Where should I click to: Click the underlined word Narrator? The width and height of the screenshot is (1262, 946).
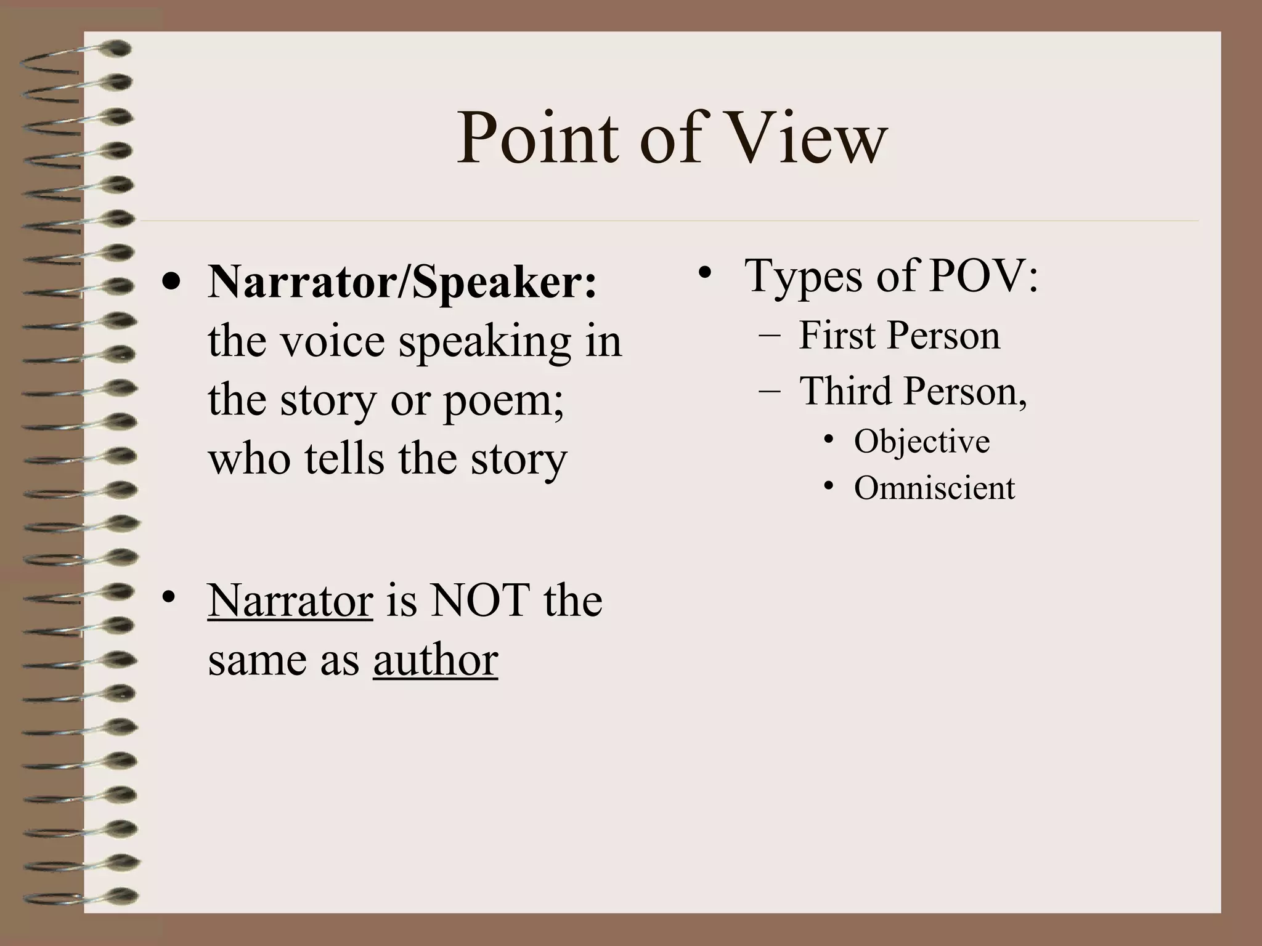click(x=290, y=600)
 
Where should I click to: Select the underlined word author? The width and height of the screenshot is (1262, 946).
click(x=435, y=660)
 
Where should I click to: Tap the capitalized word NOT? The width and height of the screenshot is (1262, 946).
click(x=481, y=600)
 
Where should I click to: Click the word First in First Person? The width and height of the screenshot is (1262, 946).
click(x=837, y=336)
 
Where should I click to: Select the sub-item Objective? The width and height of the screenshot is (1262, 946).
click(x=922, y=442)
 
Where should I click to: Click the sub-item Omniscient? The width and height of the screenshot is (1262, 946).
click(x=934, y=488)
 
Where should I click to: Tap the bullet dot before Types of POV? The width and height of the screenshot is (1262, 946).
click(x=706, y=272)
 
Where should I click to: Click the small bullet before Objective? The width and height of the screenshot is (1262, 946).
click(x=829, y=439)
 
